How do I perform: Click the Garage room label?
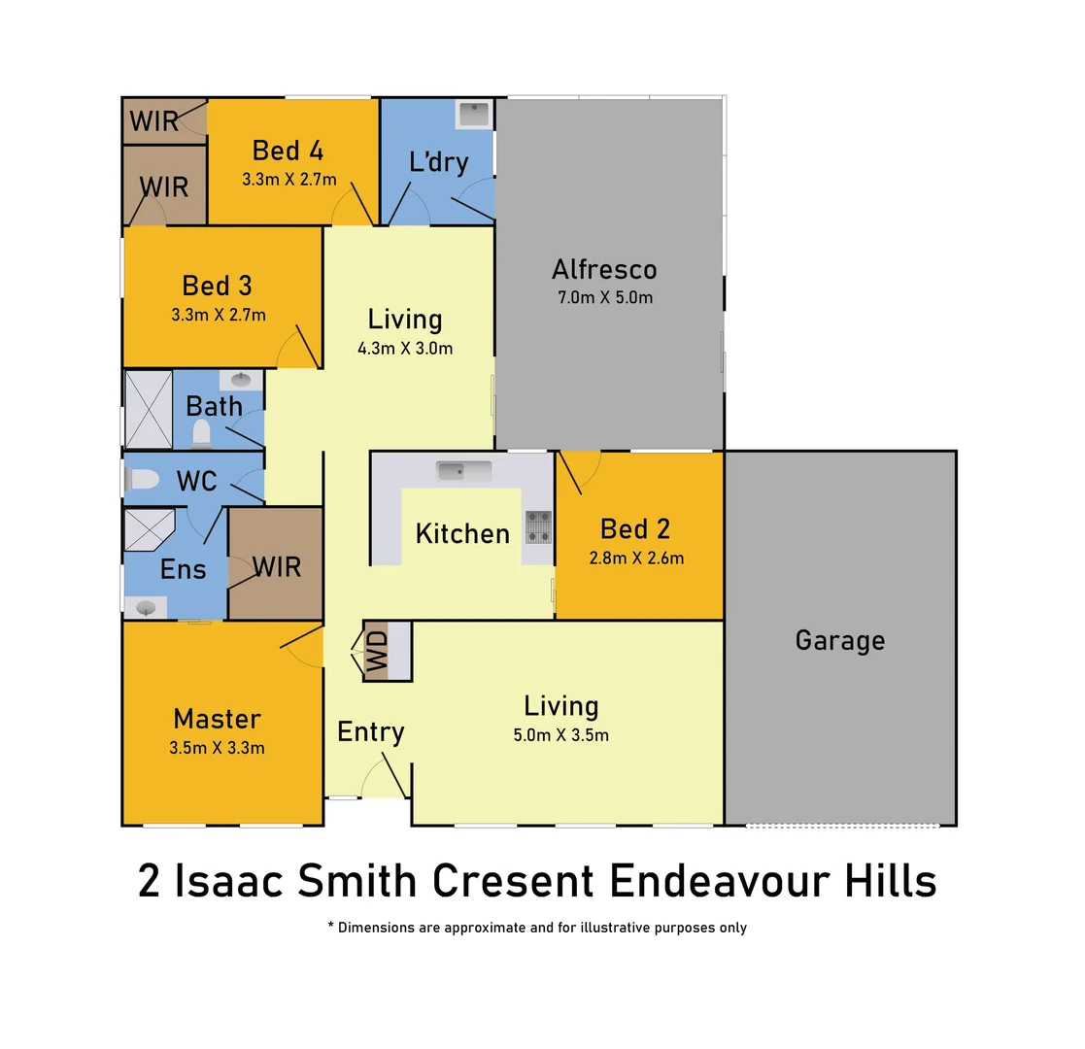840,640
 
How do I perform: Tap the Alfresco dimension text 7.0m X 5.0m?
604,297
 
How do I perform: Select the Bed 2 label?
635,528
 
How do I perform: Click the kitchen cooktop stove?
538,526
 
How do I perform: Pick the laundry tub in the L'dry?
474,114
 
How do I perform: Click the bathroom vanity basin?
240,380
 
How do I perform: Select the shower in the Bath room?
149,409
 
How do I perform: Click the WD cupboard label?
376,651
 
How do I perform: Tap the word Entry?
370,731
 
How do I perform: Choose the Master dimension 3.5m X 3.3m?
217,748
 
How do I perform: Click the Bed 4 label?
288,151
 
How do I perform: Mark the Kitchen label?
462,533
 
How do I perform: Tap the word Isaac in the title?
229,882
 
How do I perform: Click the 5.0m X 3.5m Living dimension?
560,735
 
